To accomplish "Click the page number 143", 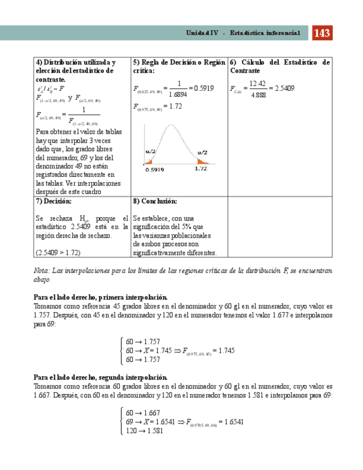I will (x=323, y=34).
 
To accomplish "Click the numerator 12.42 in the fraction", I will (x=258, y=84).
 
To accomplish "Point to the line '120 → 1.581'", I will (x=144, y=431).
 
